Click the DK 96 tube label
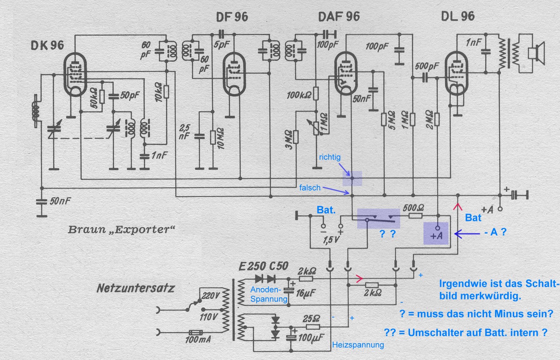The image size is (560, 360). pyautogui.click(x=47, y=45)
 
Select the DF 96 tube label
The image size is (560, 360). pyautogui.click(x=232, y=17)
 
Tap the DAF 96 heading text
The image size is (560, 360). pyautogui.click(x=339, y=17)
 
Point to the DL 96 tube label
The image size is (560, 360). pyautogui.click(x=458, y=16)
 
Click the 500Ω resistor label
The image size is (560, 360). pyautogui.click(x=413, y=207)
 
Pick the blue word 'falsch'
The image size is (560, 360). pyautogui.click(x=309, y=188)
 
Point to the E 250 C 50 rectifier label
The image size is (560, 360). pyautogui.click(x=263, y=266)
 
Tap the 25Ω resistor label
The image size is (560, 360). pyautogui.click(x=312, y=318)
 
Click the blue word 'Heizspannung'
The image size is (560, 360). pyautogui.click(x=358, y=345)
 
